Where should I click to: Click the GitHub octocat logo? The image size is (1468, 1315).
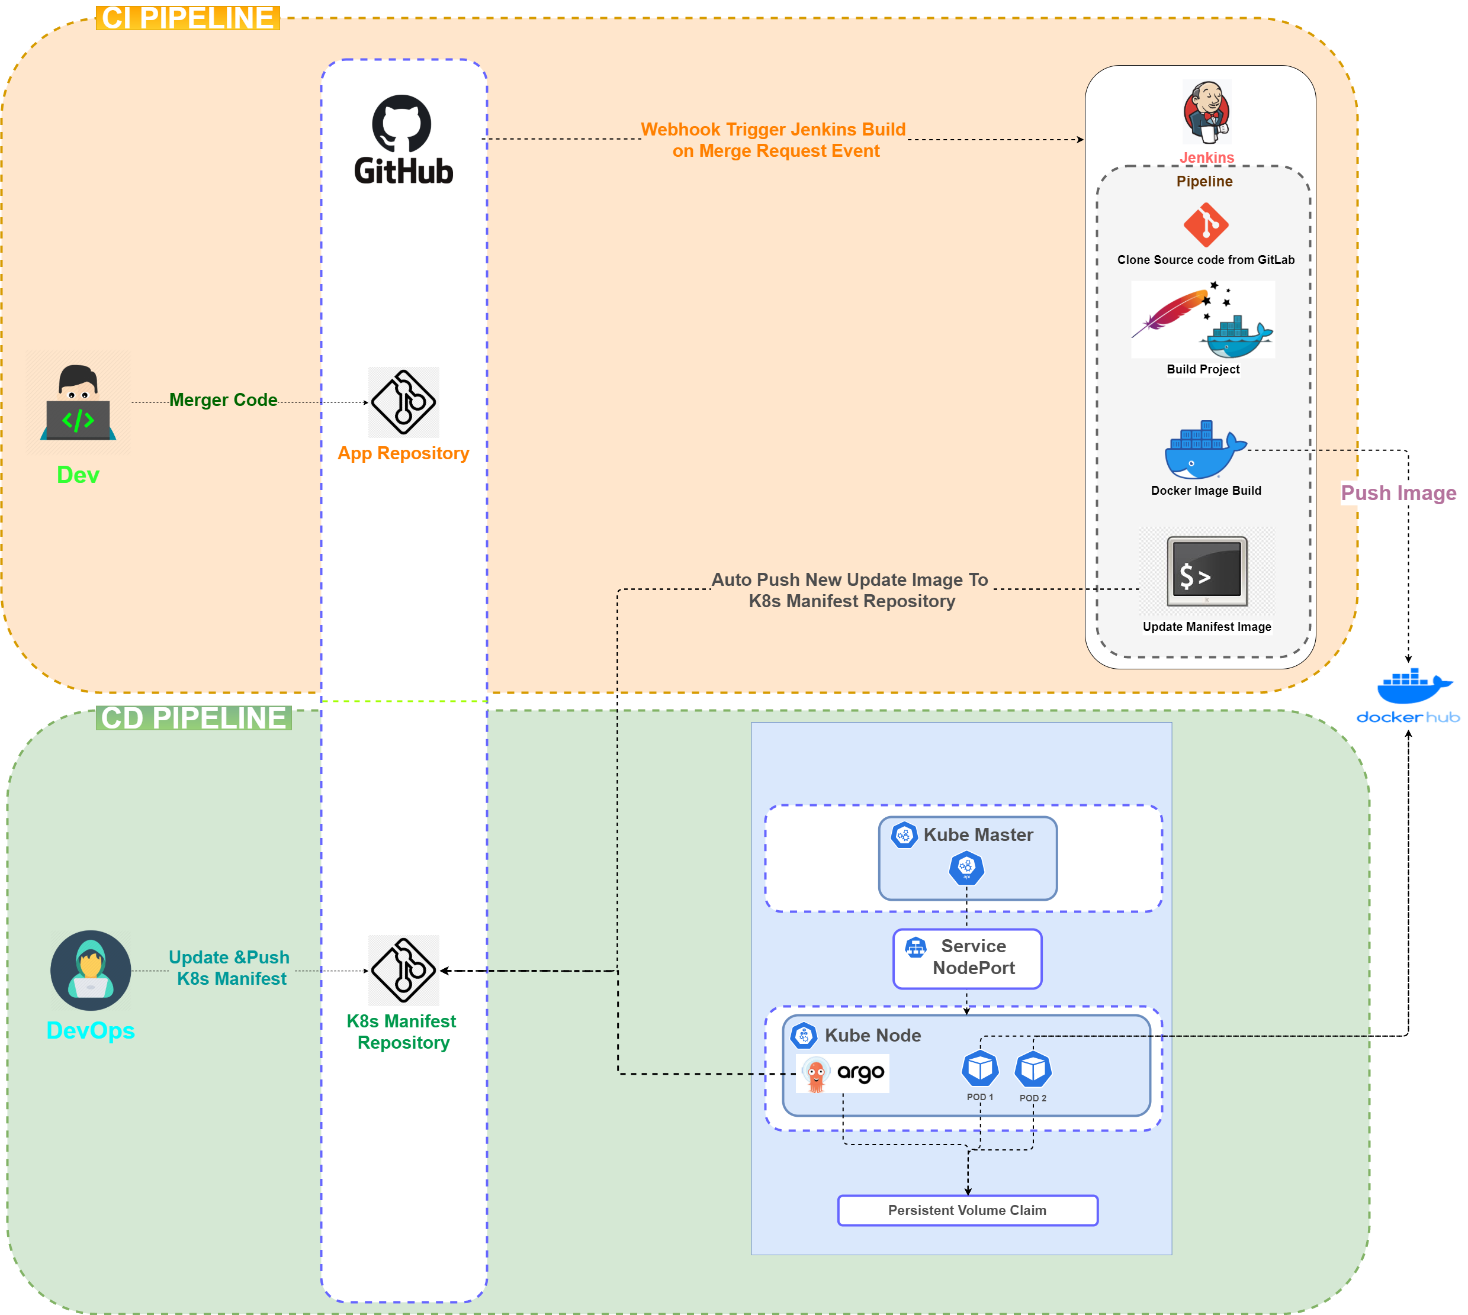pyautogui.click(x=402, y=124)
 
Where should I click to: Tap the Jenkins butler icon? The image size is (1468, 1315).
pyautogui.click(x=1206, y=112)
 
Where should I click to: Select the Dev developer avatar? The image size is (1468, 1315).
pyautogui.click(x=78, y=402)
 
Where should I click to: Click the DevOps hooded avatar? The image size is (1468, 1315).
pyautogui.click(x=91, y=971)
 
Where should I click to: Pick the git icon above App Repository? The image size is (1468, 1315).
pyautogui.click(x=403, y=402)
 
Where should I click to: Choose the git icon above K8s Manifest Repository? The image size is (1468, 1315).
pyautogui.click(x=403, y=971)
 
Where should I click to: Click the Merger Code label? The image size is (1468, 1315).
pyautogui.click(x=223, y=399)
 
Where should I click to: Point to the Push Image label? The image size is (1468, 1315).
pyautogui.click(x=1398, y=493)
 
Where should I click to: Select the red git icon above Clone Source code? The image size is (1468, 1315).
pyautogui.click(x=1206, y=225)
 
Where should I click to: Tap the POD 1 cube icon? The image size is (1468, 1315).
pyautogui.click(x=980, y=1069)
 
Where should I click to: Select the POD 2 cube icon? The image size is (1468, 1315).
pyautogui.click(x=1033, y=1069)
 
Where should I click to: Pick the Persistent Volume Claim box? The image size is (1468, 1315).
pyautogui.click(x=967, y=1210)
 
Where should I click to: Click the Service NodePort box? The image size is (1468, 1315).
pyautogui.click(x=967, y=958)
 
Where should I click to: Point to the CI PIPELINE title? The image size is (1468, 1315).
pyautogui.click(x=187, y=18)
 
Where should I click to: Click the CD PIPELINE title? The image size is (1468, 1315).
pyautogui.click(x=194, y=718)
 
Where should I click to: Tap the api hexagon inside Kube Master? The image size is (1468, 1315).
pyautogui.click(x=966, y=868)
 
